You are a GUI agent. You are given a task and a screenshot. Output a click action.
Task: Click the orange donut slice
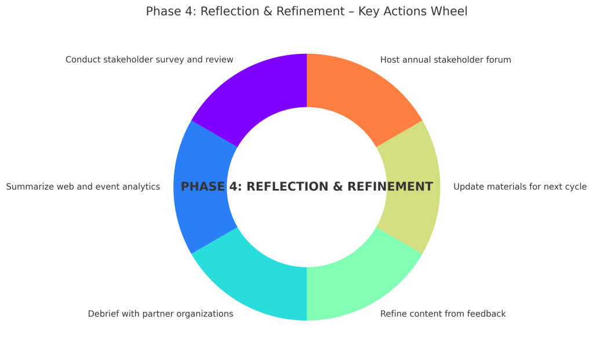pyautogui.click(x=359, y=96)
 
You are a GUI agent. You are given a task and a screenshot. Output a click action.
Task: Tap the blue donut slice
pyautogui.click(x=200, y=187)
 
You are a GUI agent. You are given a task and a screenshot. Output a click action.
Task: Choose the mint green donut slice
pyautogui.click(x=359, y=278)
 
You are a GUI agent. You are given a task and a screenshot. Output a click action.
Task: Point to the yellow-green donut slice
pyautogui.click(x=413, y=187)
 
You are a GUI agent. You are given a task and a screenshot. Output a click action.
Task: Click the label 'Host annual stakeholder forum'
pyautogui.click(x=445, y=60)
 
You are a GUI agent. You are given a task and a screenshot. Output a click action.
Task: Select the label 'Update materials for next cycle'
pyautogui.click(x=520, y=187)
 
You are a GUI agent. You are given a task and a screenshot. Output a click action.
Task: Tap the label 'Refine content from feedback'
pyautogui.click(x=443, y=314)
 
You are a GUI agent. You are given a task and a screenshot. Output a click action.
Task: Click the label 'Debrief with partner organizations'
pyautogui.click(x=161, y=314)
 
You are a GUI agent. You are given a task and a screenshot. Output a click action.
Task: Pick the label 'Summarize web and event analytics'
pyautogui.click(x=83, y=187)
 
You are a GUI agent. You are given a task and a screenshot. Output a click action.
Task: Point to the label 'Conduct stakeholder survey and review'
pyautogui.click(x=150, y=60)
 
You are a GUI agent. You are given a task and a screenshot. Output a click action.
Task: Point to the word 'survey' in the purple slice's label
pyautogui.click(x=176, y=60)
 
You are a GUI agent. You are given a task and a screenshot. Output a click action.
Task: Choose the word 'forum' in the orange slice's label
pyautogui.click(x=499, y=60)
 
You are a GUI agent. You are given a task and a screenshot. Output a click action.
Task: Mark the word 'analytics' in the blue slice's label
pyautogui.click(x=141, y=187)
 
